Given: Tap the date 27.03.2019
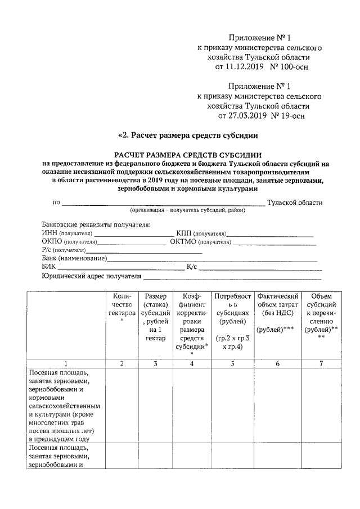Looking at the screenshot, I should [x=247, y=116].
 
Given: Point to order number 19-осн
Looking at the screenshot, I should [x=291, y=116].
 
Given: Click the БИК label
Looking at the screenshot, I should [x=49, y=267].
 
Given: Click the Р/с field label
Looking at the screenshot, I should [x=48, y=250].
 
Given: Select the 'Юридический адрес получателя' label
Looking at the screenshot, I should [x=91, y=276].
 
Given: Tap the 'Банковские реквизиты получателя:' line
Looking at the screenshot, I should [x=96, y=224].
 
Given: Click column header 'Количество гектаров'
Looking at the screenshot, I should [x=121, y=304].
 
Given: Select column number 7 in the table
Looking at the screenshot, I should [x=321, y=363].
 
